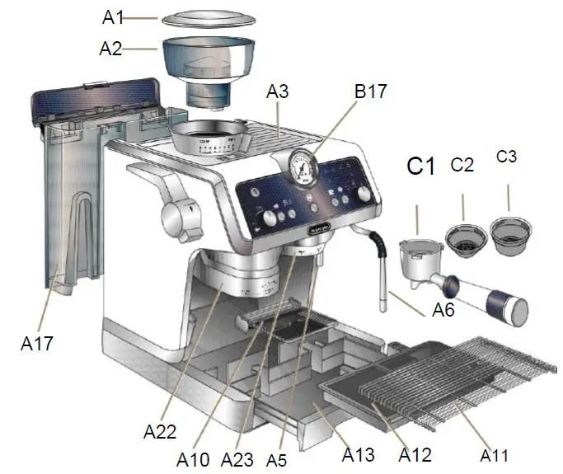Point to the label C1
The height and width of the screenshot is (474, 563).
[x=420, y=167]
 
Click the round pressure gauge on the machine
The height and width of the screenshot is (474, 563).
[x=303, y=167]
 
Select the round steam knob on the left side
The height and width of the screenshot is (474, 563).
[x=181, y=218]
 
